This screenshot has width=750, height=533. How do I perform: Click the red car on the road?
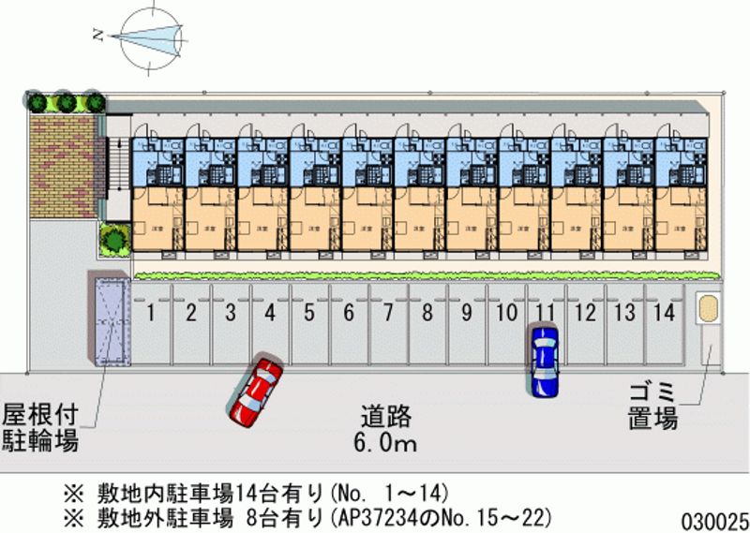click(x=255, y=389)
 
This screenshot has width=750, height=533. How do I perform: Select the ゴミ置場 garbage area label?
click(x=652, y=407)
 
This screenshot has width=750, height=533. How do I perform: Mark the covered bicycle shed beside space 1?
click(x=109, y=319)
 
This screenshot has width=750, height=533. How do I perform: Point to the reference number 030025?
click(x=713, y=517)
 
